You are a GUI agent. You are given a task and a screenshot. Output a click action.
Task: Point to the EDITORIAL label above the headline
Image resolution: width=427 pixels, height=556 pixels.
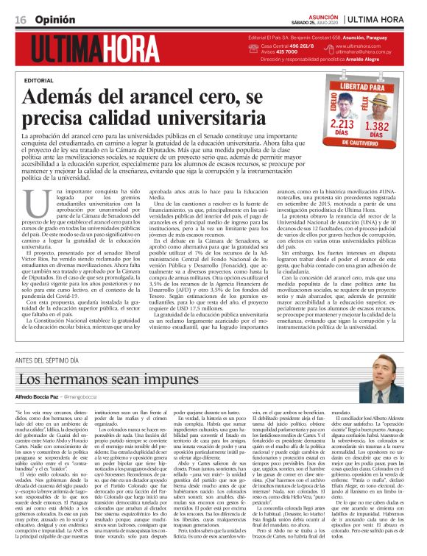[39, 79]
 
